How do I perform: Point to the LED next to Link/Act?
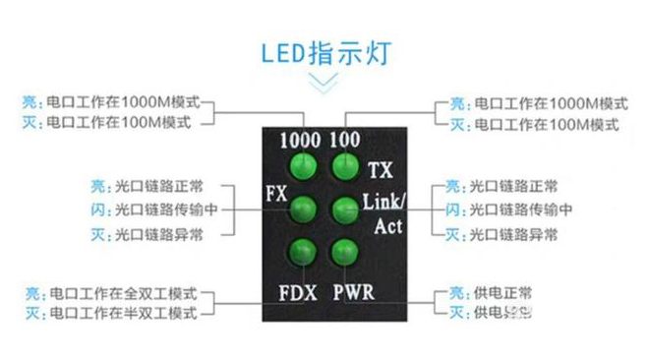pyautogui.click(x=343, y=209)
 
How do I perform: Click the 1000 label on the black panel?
pyautogui.click(x=301, y=140)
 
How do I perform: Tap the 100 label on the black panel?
pyautogui.click(x=345, y=140)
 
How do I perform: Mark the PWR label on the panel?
pyautogui.click(x=352, y=292)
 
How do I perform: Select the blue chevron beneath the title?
pyautogui.click(x=324, y=85)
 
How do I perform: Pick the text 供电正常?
pyautogui.click(x=503, y=294)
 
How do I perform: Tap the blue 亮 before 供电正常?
pyautogui.click(x=454, y=294)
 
